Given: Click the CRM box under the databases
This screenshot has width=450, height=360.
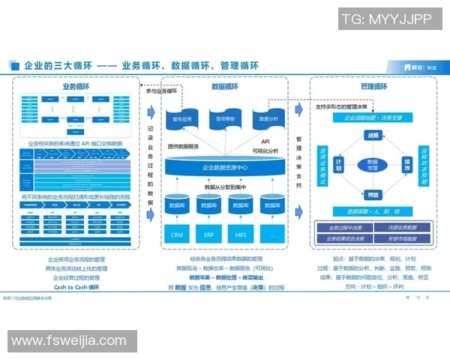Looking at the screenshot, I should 177,235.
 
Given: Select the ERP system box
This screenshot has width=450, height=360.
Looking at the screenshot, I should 209,235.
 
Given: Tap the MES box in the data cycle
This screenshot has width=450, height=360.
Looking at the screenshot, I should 241,235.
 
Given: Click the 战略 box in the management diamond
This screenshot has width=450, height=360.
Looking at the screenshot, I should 373,135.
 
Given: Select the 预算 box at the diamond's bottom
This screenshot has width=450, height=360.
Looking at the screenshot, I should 373,195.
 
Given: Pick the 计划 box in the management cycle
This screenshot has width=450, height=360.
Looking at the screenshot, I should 339,164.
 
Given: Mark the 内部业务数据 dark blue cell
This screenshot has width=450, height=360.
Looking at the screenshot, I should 404,227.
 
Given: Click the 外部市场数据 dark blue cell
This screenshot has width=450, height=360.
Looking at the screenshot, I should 404,238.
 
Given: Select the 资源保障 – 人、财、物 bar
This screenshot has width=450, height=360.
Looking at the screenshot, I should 373,212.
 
